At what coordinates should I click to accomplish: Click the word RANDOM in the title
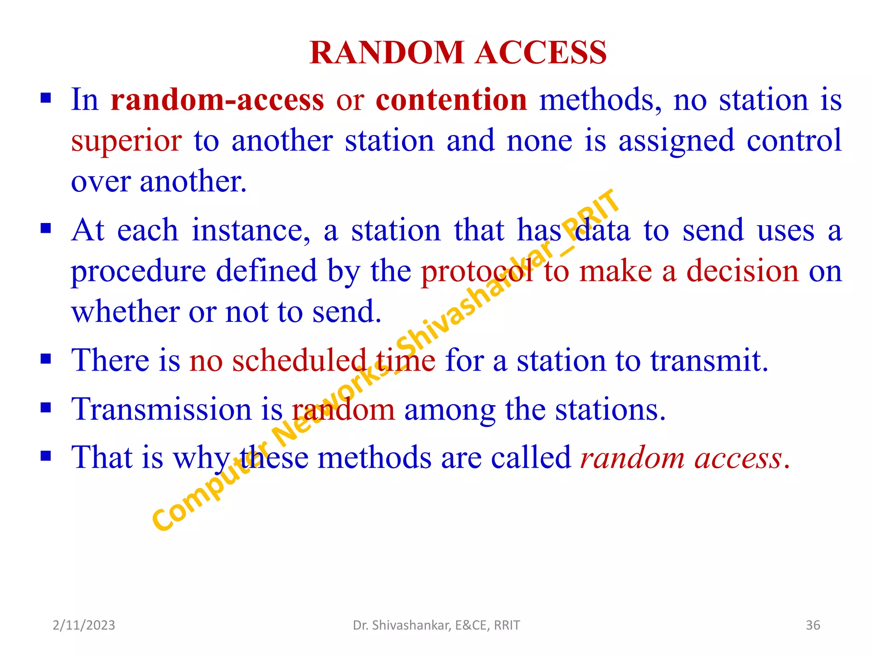click(387, 53)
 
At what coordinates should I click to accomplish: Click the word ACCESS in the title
click(541, 53)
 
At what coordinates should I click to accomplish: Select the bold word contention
click(451, 100)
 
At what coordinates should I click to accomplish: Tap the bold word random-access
click(217, 100)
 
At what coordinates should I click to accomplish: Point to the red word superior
click(126, 141)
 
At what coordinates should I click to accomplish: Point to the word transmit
click(708, 360)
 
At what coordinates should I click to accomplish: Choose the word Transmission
click(162, 409)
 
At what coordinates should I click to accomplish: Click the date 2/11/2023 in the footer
click(84, 625)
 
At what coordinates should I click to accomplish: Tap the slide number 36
click(813, 625)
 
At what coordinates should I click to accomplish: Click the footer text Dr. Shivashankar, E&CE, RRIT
click(436, 625)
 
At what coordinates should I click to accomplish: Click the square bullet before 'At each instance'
click(46, 229)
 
